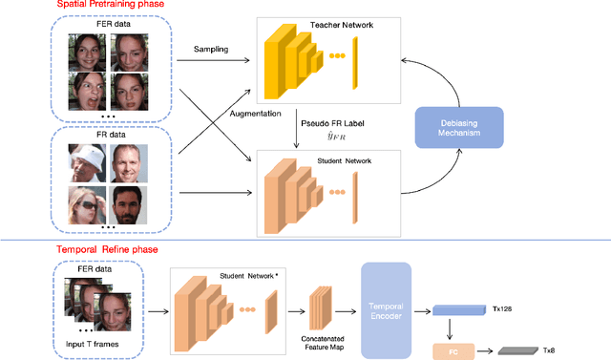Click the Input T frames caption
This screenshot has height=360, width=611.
(92, 339)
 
